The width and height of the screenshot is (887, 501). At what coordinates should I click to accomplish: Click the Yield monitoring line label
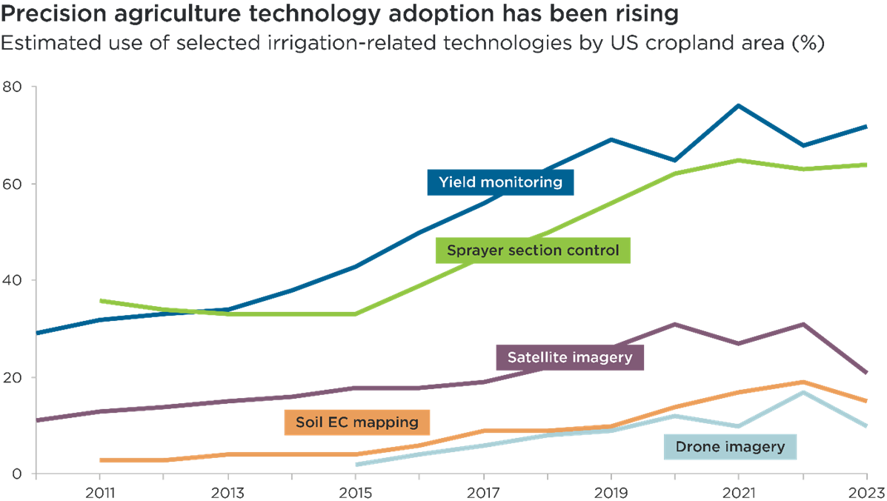[500, 182]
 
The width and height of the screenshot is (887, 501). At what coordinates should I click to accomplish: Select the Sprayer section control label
[532, 250]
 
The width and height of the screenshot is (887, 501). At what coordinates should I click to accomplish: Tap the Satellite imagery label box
[570, 357]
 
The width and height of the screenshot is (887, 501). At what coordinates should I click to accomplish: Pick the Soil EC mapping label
[357, 422]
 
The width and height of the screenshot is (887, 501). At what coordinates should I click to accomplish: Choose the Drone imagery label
[729, 447]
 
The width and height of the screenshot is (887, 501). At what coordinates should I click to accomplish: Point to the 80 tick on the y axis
[13, 87]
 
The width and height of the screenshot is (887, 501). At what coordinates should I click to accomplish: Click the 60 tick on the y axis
[13, 184]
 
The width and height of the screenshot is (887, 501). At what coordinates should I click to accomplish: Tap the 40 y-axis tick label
[13, 281]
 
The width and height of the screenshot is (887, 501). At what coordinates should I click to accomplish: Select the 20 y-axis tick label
[13, 377]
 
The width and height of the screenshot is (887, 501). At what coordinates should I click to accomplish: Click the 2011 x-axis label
[99, 491]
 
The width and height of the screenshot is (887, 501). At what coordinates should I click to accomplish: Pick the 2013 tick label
[227, 491]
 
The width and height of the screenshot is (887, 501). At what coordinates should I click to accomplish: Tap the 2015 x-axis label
[355, 491]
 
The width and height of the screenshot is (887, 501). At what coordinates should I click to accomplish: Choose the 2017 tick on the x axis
[483, 491]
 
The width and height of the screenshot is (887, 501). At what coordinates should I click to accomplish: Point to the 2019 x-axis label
[611, 491]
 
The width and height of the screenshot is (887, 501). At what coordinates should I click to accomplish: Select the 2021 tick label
[739, 491]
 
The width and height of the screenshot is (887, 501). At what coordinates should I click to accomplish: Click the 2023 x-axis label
[865, 491]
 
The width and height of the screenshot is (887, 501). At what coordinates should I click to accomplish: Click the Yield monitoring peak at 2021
[739, 105]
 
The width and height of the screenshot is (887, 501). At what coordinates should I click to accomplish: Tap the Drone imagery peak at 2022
[803, 391]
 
